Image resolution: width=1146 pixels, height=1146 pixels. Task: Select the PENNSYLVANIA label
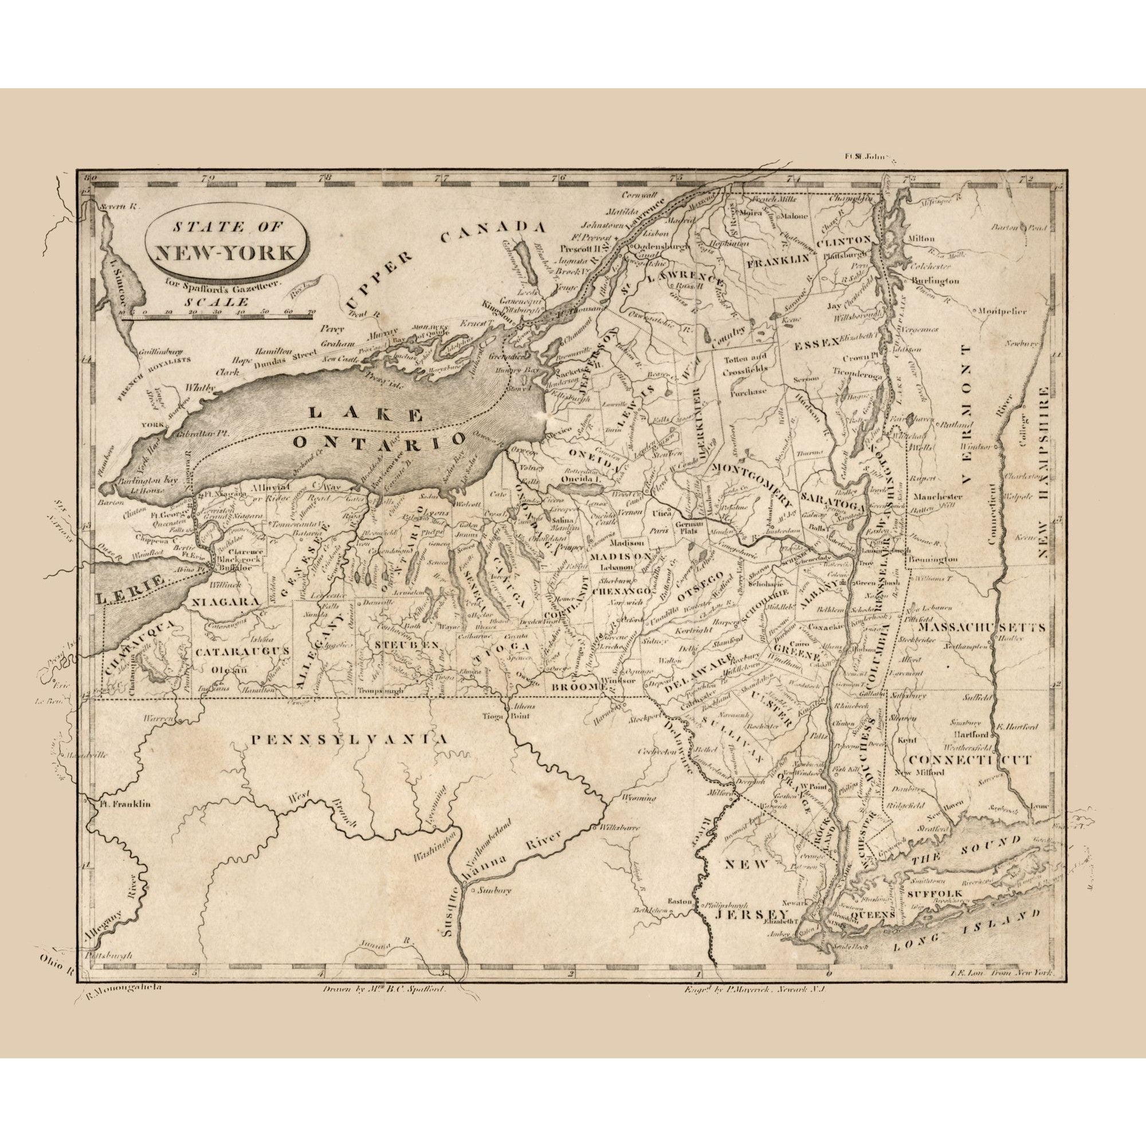point(349,740)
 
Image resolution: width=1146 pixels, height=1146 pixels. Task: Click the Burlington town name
point(934,280)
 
